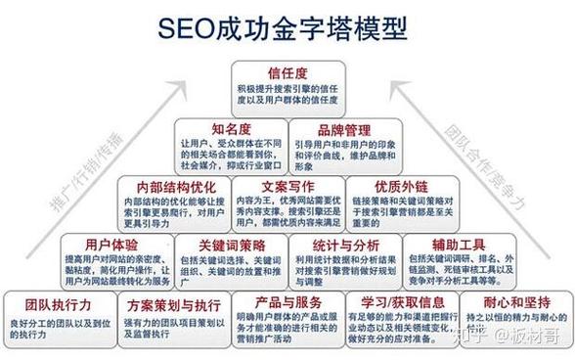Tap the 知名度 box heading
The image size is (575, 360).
pos(232,128)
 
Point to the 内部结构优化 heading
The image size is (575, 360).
pos(171,185)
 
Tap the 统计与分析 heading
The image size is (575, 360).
pos(345,243)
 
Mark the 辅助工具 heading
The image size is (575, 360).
pos(460,243)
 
